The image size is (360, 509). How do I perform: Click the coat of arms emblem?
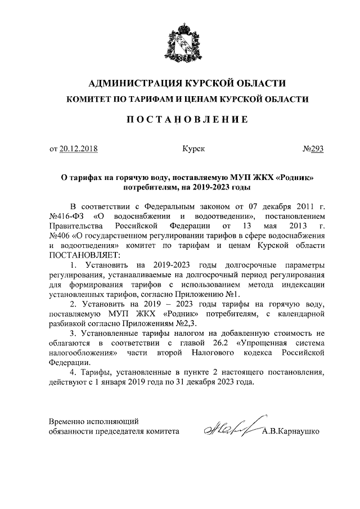click(x=179, y=41)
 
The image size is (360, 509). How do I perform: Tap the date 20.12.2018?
click(x=78, y=149)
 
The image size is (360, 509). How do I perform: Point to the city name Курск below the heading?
click(x=193, y=149)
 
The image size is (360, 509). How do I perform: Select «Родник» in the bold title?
click(x=295, y=177)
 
